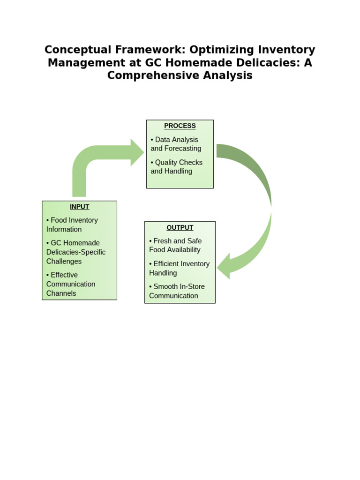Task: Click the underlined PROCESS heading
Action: coord(180,126)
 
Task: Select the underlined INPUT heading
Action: coord(79,207)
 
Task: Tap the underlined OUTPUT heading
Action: coord(180,227)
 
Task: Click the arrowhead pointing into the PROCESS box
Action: coord(137,152)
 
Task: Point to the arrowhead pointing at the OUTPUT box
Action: coord(223,266)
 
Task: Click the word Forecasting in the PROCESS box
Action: coord(183,149)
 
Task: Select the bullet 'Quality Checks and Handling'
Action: coord(177,167)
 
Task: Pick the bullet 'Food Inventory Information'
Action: coord(72,225)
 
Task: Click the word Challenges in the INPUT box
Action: coord(64,262)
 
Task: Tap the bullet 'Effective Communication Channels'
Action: coord(71,284)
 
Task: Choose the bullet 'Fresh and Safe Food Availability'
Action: coord(175,245)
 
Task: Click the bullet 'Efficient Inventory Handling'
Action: coord(179,268)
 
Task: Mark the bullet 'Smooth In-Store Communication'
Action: coord(177,291)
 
